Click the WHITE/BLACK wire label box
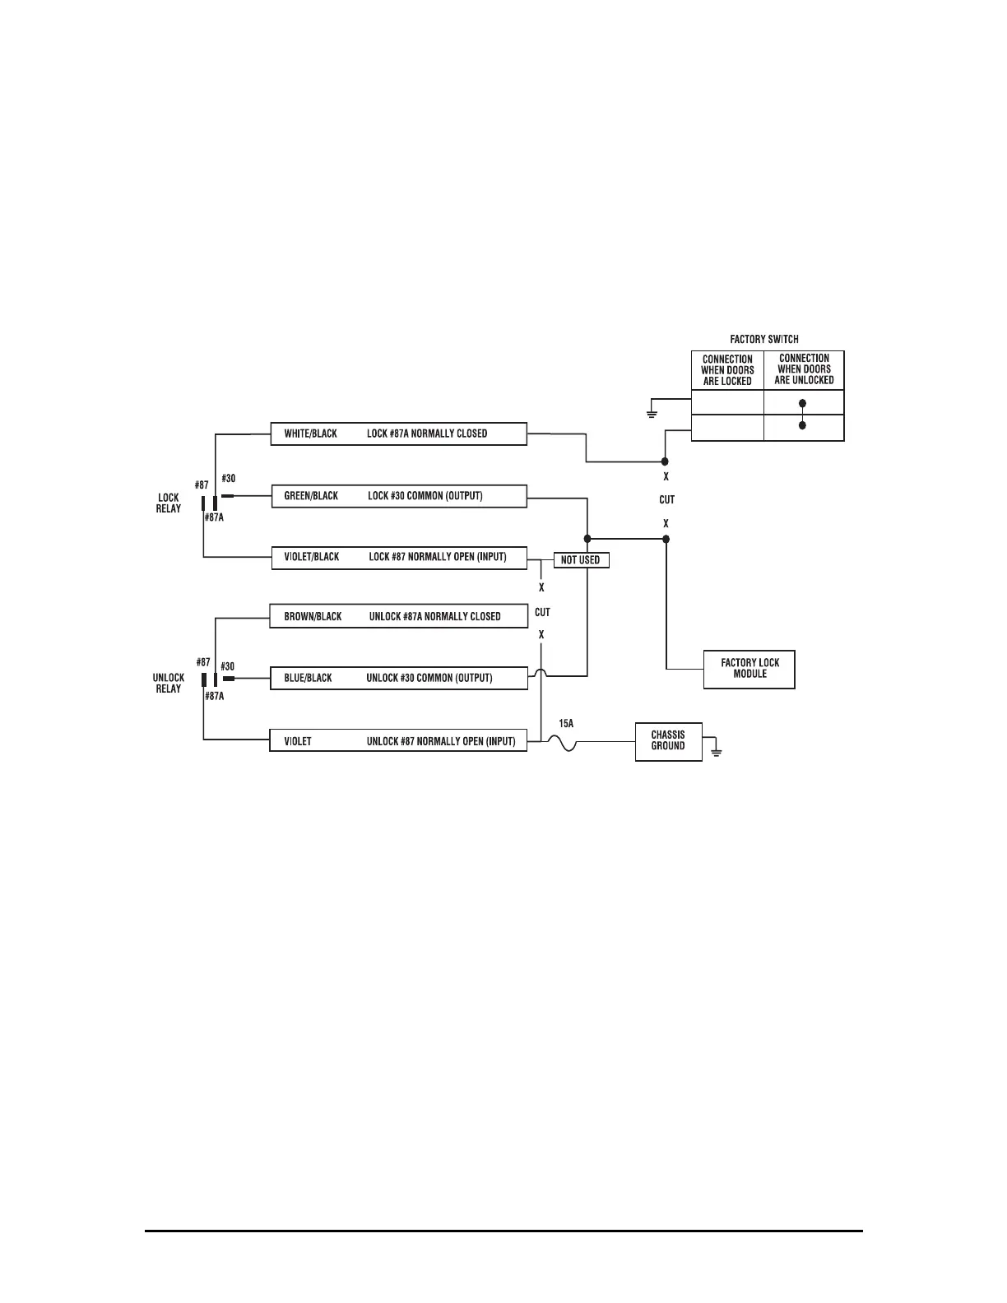click(398, 434)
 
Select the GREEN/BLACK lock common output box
click(399, 496)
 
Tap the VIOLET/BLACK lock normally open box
click(399, 557)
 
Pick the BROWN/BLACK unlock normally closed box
click(398, 616)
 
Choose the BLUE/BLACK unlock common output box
click(398, 678)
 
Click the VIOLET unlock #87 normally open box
click(398, 741)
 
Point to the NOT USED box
click(581, 560)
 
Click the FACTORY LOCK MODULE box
click(749, 669)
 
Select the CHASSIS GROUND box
click(668, 741)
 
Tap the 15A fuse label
click(566, 724)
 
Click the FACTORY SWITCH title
click(764, 339)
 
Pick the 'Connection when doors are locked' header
click(727, 370)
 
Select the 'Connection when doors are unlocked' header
click(804, 369)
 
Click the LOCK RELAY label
click(169, 503)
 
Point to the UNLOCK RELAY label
click(169, 683)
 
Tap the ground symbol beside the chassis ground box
click(717, 751)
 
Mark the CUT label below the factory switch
click(666, 499)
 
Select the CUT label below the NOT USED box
click(542, 613)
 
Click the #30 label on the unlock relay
click(228, 666)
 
